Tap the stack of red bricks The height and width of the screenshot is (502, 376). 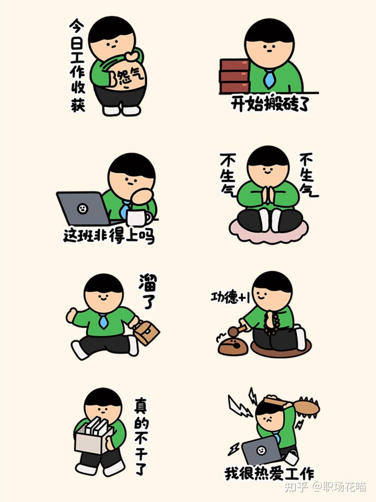(234, 76)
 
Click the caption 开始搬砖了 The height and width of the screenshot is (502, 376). (270, 104)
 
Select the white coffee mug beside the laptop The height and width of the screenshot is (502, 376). (137, 217)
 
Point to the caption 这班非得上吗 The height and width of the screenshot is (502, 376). (109, 236)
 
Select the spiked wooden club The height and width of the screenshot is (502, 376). (298, 406)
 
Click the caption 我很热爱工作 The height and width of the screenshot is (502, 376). (269, 473)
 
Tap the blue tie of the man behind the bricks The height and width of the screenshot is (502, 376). (269, 78)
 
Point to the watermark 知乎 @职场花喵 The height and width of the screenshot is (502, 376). (325, 487)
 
